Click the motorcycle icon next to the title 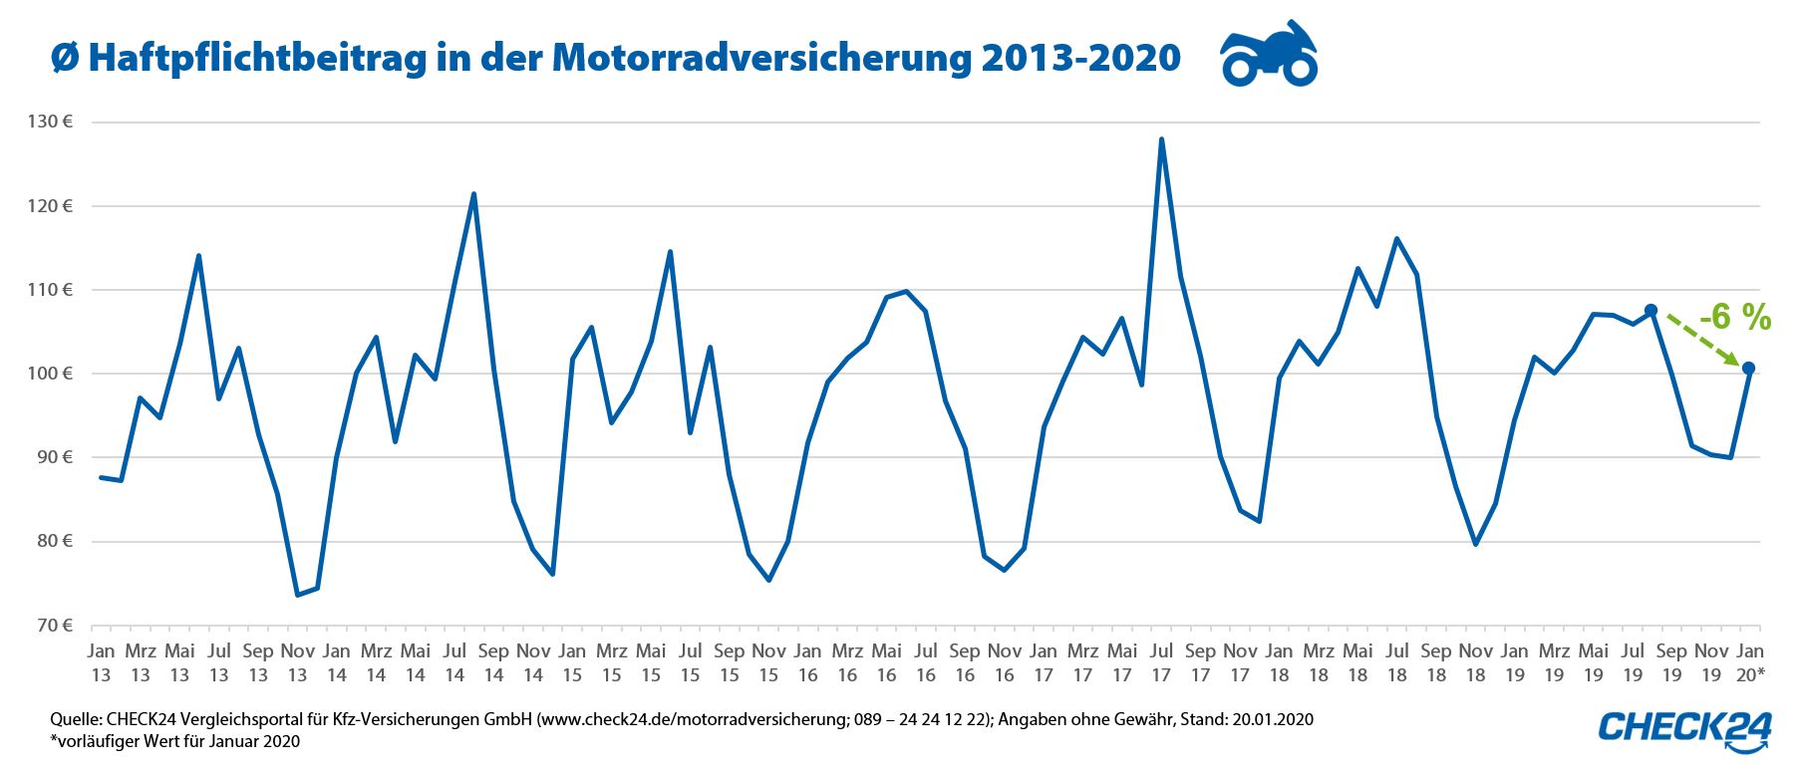1269,55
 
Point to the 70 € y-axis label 54,626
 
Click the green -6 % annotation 1734,318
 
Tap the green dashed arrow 1703,340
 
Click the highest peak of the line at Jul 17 1161,139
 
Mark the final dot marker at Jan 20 1748,369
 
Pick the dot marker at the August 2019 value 1651,310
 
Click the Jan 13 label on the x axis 101,662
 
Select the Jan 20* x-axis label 1749,662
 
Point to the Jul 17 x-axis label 1161,662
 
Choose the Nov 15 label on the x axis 768,662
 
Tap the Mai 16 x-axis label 886,662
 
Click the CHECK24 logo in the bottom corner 1685,728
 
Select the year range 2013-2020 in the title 1080,58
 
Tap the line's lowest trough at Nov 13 297,595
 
